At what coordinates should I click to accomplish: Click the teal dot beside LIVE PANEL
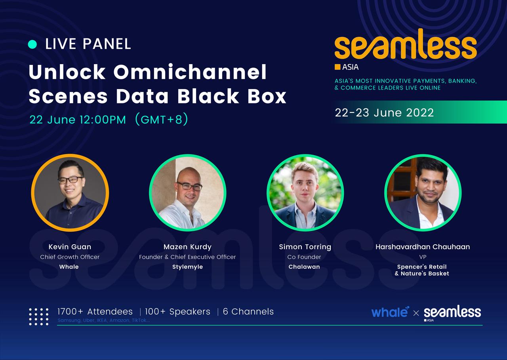tap(32, 44)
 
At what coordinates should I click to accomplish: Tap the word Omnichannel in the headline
tap(190, 72)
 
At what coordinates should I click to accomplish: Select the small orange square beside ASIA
tap(337, 67)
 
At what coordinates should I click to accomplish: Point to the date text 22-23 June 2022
tap(384, 112)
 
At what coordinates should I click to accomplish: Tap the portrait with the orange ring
tap(70, 193)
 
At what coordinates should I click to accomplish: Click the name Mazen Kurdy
tap(187, 247)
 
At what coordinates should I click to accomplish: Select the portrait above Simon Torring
tap(305, 193)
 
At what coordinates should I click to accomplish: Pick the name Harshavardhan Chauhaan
tap(423, 247)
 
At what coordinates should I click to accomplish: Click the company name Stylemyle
tap(187, 267)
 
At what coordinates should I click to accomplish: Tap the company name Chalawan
tap(304, 267)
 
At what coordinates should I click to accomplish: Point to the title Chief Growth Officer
tap(70, 257)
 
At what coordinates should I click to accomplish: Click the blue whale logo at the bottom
tap(390, 312)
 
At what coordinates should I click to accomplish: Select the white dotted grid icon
tap(39, 316)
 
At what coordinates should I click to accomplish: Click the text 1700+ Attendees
tap(95, 312)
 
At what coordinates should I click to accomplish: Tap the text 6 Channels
tap(248, 312)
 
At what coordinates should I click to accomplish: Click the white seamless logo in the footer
tap(452, 313)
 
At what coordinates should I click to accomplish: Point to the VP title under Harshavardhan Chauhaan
tap(423, 257)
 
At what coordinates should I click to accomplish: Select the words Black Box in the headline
tap(232, 96)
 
